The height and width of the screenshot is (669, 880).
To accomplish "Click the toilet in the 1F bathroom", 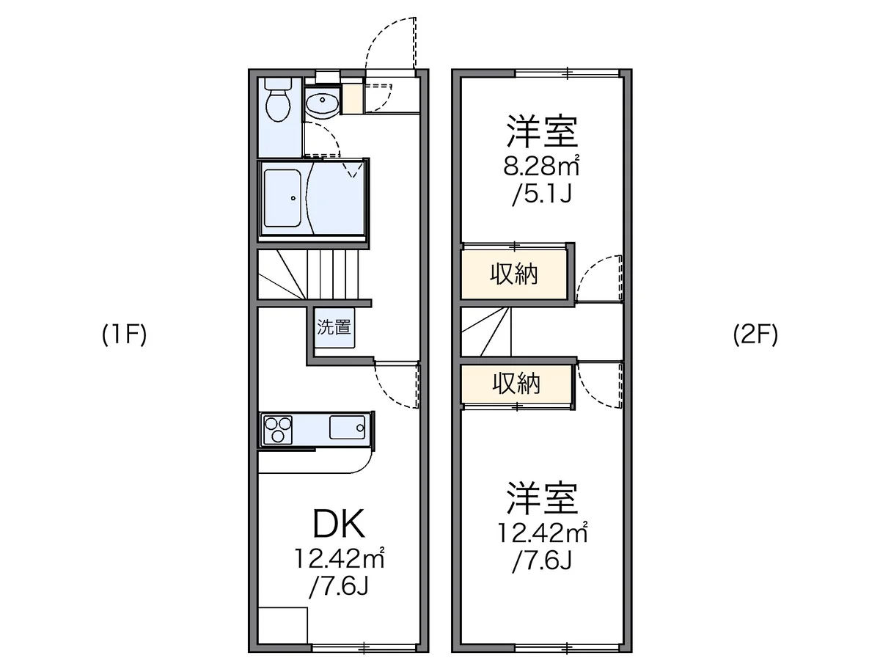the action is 278,100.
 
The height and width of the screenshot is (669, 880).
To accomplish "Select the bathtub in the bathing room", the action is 282,198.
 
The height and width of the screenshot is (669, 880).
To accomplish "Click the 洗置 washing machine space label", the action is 334,327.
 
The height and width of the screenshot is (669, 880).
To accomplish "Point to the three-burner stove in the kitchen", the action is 277,429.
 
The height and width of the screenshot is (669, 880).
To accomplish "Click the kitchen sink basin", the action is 347,427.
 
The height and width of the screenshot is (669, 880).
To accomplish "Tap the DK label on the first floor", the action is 339,524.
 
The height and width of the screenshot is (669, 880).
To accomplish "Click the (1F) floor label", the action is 124,334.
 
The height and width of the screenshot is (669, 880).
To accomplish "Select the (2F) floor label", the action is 755,334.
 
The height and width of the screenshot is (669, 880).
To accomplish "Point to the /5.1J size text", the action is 541,194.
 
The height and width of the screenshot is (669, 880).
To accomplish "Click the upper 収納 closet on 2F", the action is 513,275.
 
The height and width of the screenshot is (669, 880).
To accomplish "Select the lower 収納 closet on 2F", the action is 516,383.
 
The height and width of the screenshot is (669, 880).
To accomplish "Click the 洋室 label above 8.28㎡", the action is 542,131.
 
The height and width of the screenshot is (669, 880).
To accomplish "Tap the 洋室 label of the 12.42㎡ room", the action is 542,498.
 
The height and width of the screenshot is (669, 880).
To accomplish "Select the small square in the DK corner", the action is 282,632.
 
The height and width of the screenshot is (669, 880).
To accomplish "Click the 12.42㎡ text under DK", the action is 340,558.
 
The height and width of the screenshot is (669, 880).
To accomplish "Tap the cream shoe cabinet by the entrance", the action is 352,98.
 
